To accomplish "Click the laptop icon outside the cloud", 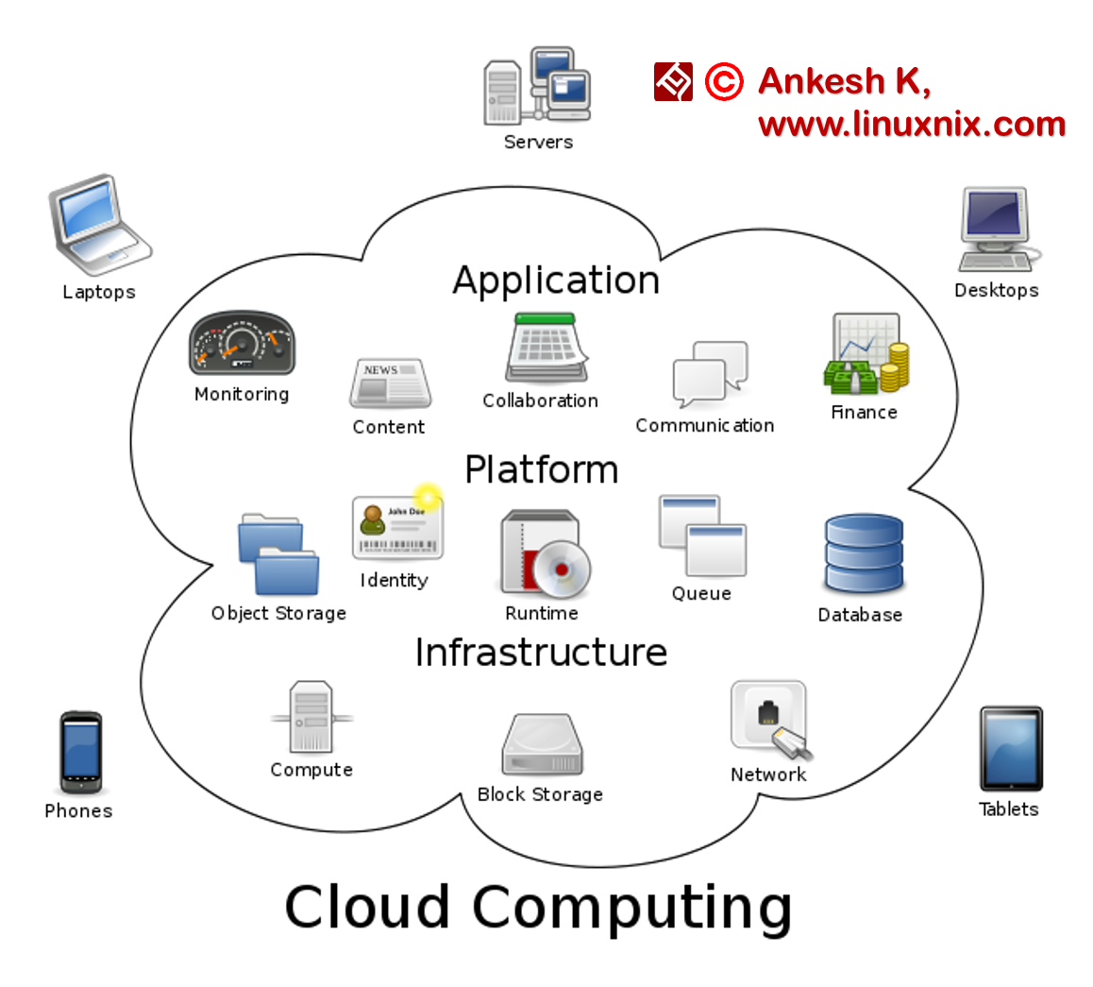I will coord(99,224).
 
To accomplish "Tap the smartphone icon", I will coord(80,751).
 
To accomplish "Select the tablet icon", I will coord(1011,748).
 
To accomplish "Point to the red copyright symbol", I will coord(724,82).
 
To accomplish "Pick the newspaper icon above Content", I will coord(390,383).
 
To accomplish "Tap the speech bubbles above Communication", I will coord(710,374).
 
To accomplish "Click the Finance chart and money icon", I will coord(866,355).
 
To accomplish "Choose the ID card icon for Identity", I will coord(397,527).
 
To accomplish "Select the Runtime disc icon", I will coord(544,554).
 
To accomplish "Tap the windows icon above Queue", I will coord(702,536).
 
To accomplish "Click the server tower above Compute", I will coord(311,717).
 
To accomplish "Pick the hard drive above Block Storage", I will coord(542,745).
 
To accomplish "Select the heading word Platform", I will coord(541,469).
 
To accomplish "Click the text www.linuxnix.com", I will coord(911,124).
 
